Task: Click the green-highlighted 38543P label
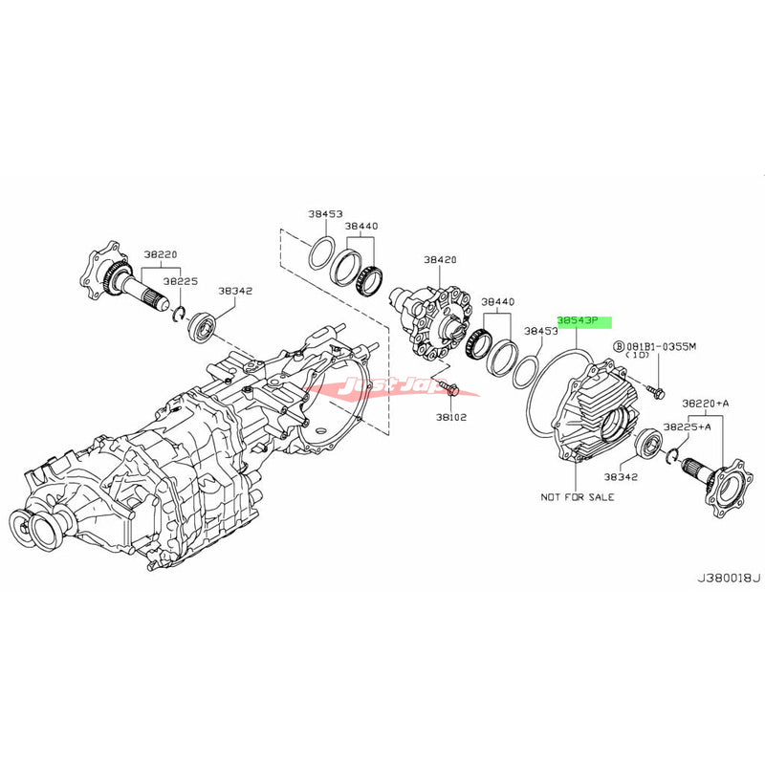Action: point(583,323)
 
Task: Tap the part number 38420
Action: point(442,258)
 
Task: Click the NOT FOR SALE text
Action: point(577,496)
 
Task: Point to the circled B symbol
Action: point(619,344)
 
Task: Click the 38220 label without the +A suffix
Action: point(161,254)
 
